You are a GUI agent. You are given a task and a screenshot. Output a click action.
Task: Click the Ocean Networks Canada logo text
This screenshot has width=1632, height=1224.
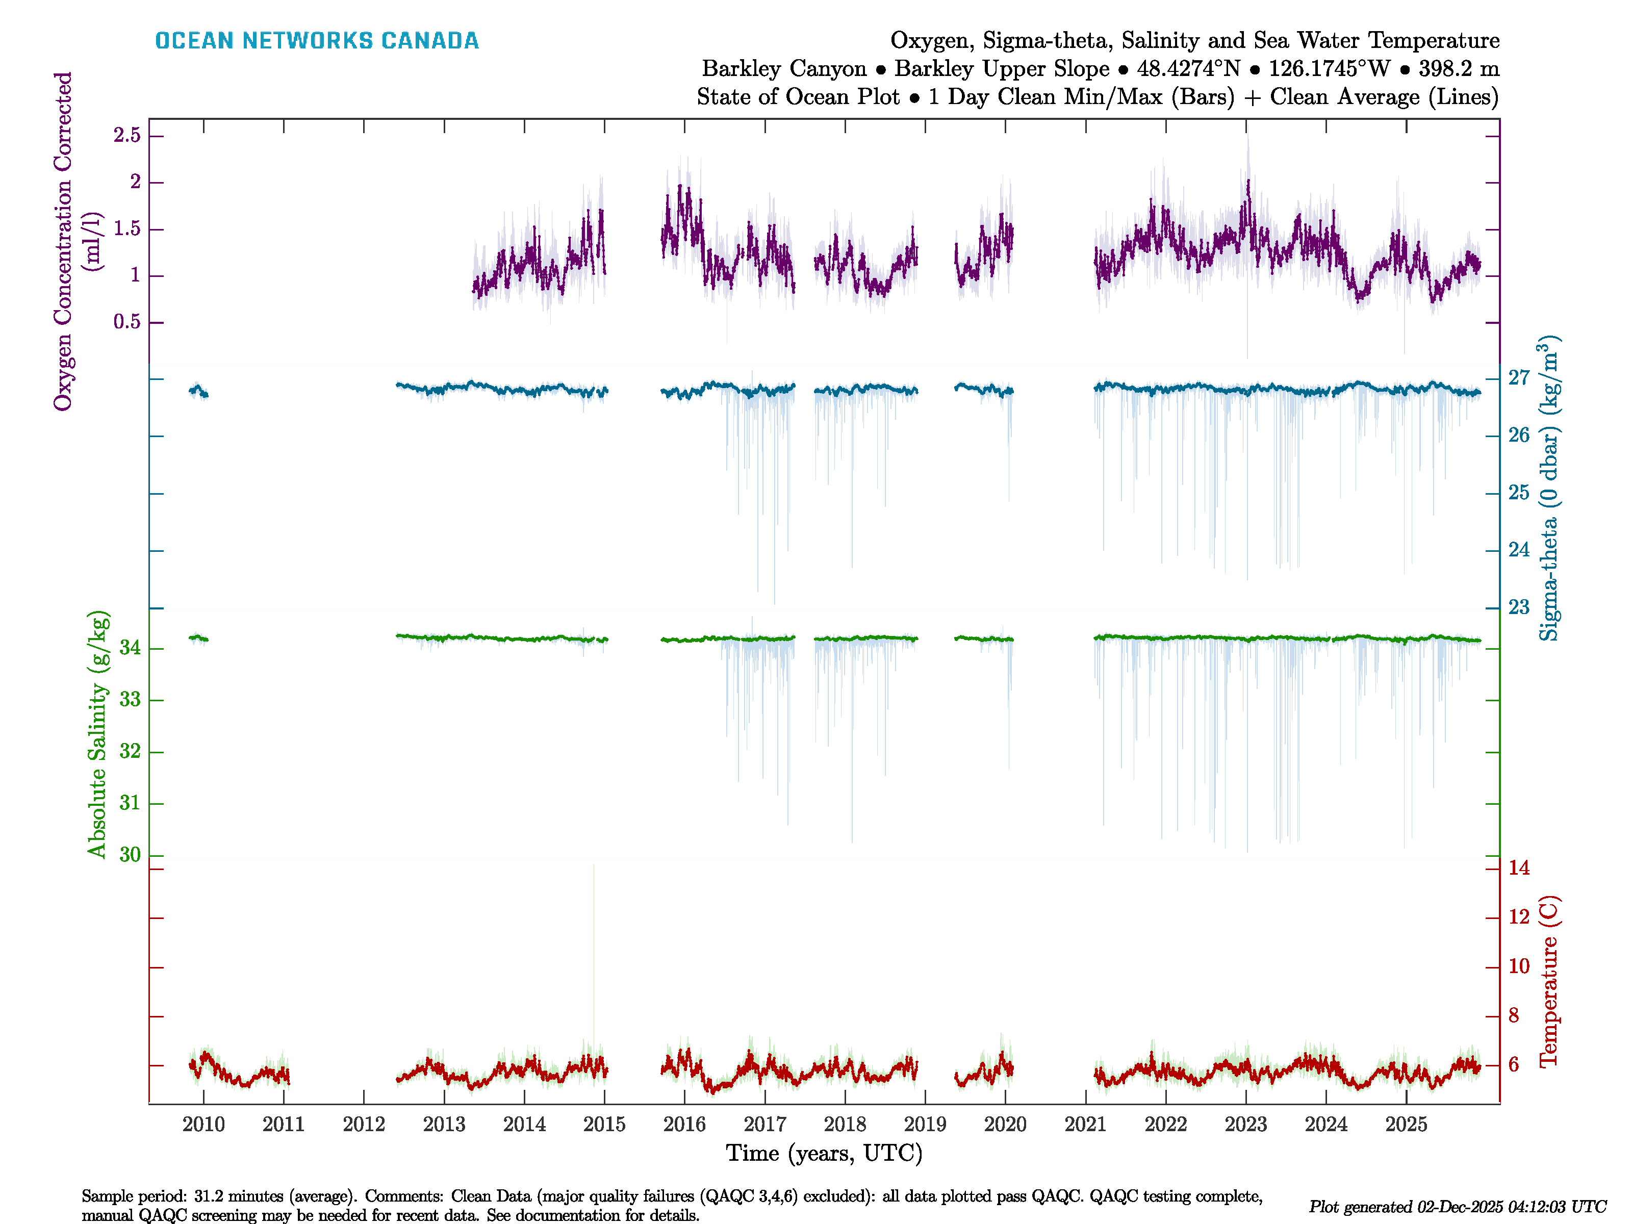pyautogui.click(x=317, y=41)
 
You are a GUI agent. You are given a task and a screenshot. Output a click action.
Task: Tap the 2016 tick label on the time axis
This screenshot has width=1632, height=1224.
pyautogui.click(x=684, y=1125)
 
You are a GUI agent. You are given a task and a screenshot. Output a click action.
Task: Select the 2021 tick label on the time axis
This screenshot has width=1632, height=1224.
pyautogui.click(x=1085, y=1125)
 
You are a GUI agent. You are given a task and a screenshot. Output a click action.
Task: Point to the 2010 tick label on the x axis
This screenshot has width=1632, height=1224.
pyautogui.click(x=203, y=1125)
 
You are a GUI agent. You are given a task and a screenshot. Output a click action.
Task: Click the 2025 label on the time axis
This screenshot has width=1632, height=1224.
pyautogui.click(x=1406, y=1125)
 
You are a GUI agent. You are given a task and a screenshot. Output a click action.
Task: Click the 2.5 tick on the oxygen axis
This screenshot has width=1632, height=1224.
pyautogui.click(x=127, y=136)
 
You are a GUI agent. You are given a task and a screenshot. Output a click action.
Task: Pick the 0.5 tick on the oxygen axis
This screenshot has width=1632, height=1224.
pyautogui.click(x=127, y=322)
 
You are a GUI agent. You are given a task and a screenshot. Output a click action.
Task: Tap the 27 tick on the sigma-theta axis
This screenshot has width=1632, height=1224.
pyautogui.click(x=1518, y=378)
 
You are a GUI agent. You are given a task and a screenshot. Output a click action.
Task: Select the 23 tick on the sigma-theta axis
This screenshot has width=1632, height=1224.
pyautogui.click(x=1518, y=607)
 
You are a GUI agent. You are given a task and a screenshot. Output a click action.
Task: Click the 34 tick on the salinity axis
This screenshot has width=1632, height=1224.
pyautogui.click(x=130, y=649)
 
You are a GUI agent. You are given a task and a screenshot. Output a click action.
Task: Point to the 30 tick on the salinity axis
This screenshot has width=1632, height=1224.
pyautogui.click(x=130, y=855)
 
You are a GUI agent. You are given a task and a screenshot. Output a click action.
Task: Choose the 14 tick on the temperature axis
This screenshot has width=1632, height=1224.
pyautogui.click(x=1518, y=869)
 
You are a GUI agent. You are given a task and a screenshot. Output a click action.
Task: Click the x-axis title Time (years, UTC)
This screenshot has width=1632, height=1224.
pyautogui.click(x=824, y=1153)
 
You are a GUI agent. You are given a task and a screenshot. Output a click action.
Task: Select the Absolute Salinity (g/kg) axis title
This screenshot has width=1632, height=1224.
pyautogui.click(x=97, y=734)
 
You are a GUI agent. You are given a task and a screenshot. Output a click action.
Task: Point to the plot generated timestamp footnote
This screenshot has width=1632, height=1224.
pyautogui.click(x=1457, y=1207)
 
